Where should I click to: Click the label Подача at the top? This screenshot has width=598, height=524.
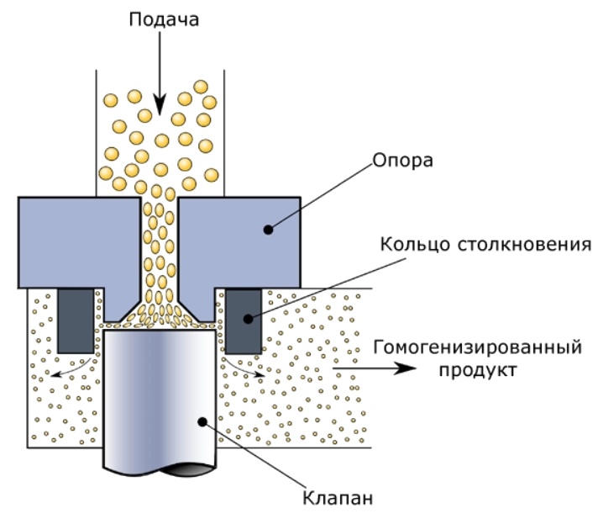(164, 19)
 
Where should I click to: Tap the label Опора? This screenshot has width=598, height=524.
(403, 161)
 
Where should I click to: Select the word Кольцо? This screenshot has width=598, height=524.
(415, 245)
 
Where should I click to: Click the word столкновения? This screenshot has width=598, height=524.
(524, 245)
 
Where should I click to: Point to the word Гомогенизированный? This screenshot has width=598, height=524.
(478, 347)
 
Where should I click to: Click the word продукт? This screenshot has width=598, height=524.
(478, 370)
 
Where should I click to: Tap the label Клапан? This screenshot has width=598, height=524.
(338, 498)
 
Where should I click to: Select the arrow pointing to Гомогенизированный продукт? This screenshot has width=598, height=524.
(375, 368)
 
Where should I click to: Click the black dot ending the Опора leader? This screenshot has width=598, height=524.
(269, 230)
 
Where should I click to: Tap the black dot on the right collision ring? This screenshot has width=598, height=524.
(248, 318)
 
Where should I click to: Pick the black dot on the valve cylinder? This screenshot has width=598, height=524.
(202, 421)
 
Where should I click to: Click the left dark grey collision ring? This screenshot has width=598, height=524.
(76, 320)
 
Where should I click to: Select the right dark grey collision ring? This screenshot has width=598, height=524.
(244, 320)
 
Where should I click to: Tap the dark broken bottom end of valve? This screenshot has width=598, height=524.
(186, 470)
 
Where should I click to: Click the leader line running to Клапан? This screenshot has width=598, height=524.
(254, 454)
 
